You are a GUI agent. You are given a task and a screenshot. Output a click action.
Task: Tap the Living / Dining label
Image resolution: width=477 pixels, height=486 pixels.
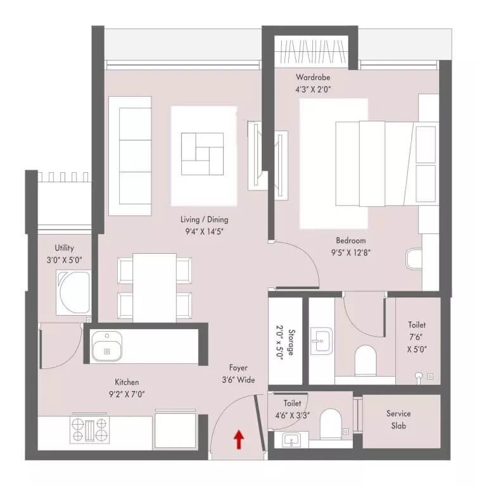204,220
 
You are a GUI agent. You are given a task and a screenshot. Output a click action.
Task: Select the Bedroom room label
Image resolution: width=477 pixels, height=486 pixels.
350,240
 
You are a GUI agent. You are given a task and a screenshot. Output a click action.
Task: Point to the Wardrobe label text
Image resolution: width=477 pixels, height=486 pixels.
313,78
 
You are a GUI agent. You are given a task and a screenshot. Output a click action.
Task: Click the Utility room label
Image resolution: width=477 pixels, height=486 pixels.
65,248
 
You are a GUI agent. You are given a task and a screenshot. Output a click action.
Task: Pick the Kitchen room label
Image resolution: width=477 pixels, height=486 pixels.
127,382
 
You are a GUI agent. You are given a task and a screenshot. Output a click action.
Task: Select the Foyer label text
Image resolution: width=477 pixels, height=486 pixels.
238,368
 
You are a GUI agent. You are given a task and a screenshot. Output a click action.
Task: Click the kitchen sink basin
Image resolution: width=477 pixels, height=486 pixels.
106,347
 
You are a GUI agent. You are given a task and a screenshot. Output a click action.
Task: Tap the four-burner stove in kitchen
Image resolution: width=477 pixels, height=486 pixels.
89,430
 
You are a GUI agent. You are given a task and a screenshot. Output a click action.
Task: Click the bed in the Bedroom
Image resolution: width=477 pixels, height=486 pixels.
386,163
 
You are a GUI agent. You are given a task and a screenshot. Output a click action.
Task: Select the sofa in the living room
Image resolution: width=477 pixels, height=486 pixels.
130,156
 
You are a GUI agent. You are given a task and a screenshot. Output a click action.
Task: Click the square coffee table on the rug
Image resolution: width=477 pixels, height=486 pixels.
202,154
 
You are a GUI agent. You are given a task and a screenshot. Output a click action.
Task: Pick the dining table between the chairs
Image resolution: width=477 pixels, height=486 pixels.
155,286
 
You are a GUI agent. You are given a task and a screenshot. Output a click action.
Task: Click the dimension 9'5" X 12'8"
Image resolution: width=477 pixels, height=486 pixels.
350,252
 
